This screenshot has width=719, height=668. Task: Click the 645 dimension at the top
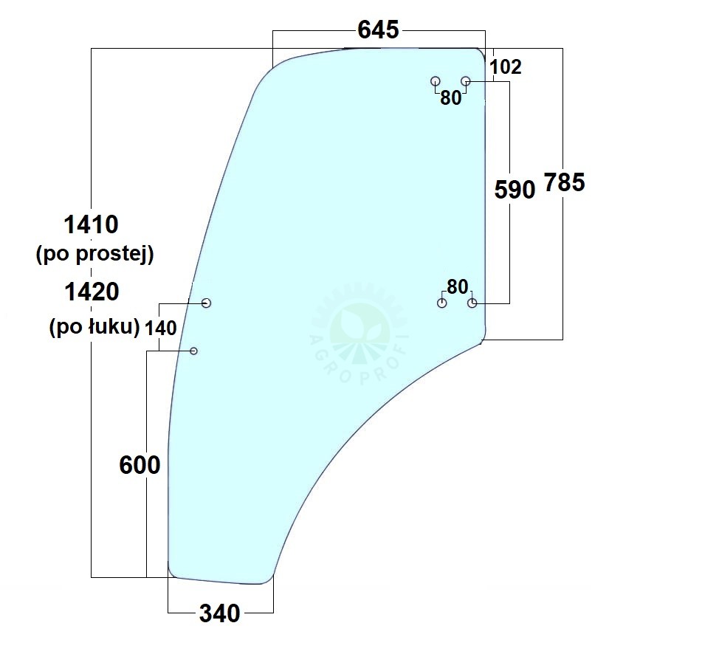coord(378,30)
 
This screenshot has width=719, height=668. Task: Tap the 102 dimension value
coord(506,67)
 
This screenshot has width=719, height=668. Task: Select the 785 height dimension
coord(564,182)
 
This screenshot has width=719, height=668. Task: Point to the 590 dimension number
coord(515,190)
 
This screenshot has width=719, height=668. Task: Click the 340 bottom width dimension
coord(220,613)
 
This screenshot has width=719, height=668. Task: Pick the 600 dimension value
coord(140,465)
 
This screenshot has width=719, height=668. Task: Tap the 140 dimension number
coord(160,328)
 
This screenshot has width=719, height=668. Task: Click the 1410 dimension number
coord(92,224)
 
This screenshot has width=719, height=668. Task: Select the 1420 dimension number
coord(92,292)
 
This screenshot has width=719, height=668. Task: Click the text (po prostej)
coord(94,253)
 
